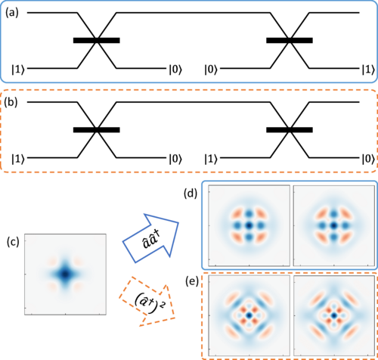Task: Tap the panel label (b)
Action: pos(13,101)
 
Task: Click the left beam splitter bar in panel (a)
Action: pos(96,39)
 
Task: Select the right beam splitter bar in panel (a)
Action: pos(290,39)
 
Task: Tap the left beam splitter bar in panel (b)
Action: pos(96,130)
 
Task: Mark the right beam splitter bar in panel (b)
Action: pos(290,130)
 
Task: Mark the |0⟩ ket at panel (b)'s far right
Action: pos(365,160)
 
